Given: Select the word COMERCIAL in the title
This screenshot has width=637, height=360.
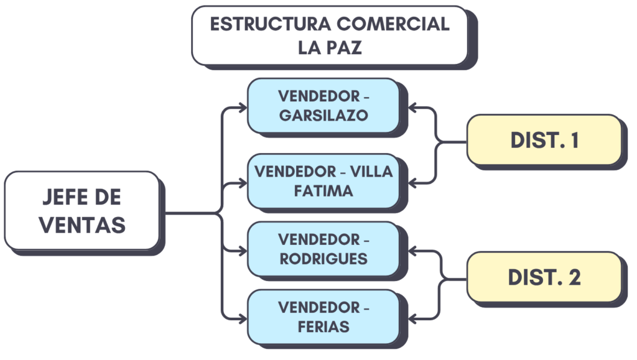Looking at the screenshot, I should (x=393, y=24).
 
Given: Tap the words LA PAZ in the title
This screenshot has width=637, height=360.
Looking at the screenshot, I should (x=330, y=48).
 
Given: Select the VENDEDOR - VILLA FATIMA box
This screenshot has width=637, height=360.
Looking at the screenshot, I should (x=323, y=180).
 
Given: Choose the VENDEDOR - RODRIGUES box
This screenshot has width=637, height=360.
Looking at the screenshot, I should (x=323, y=248).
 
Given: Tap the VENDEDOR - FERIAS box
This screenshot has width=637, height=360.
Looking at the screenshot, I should (x=323, y=316).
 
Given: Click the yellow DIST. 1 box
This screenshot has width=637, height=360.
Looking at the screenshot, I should (x=544, y=140).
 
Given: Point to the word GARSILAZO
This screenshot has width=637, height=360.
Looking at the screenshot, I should (x=323, y=116).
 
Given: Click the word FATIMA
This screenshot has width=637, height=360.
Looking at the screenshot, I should (x=323, y=190).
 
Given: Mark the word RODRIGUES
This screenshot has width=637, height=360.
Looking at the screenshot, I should (x=323, y=259).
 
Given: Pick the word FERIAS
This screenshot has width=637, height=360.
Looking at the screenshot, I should (x=323, y=327).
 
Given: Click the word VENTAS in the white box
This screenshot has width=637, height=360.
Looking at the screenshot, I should (x=82, y=224).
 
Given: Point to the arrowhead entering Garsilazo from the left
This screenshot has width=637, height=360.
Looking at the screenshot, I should (x=243, y=108).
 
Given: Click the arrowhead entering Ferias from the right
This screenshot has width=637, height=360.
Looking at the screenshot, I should (x=414, y=318).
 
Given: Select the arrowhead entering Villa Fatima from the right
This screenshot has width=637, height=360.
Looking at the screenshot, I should (x=414, y=183).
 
